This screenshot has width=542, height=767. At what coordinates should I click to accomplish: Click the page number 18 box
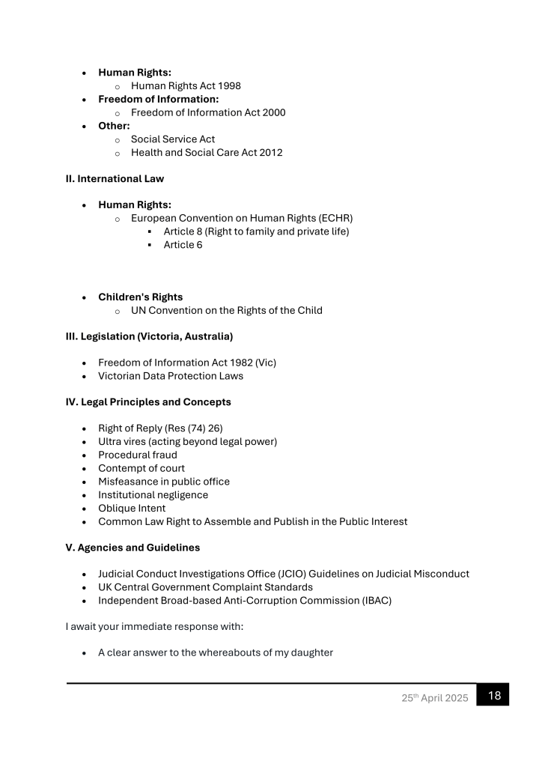click(x=493, y=695)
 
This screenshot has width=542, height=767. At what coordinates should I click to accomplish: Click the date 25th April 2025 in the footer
click(x=433, y=698)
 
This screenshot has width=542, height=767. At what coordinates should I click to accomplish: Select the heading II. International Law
click(x=115, y=179)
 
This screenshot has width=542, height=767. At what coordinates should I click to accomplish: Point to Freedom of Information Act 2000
click(x=207, y=112)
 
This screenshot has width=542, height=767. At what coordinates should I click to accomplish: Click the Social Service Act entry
click(x=173, y=139)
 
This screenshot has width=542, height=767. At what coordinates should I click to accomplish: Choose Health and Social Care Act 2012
click(x=207, y=153)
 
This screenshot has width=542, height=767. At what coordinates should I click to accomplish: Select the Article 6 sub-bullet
click(x=183, y=245)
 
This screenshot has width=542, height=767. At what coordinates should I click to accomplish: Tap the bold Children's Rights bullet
click(x=140, y=297)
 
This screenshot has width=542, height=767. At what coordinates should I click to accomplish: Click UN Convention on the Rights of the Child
click(x=226, y=310)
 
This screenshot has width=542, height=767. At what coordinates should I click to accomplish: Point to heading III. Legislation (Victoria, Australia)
click(x=149, y=336)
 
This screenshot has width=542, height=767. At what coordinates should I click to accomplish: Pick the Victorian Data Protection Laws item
click(x=170, y=376)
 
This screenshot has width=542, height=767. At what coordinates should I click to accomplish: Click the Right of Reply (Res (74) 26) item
click(x=160, y=428)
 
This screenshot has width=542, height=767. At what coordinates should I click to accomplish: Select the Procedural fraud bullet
click(x=138, y=455)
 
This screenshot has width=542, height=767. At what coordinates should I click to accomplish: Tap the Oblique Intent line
click(x=132, y=509)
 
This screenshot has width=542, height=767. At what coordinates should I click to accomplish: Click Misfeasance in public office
click(x=164, y=482)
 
